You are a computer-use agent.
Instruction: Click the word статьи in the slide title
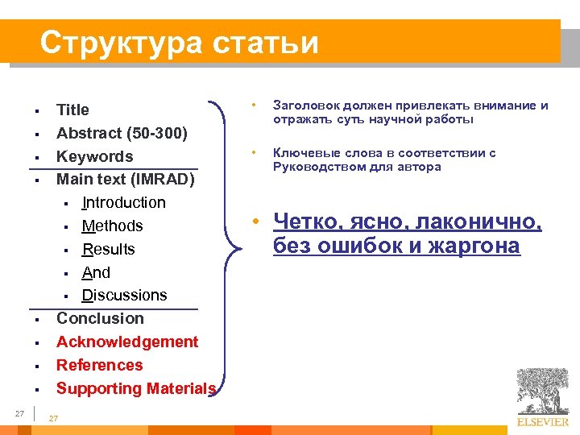[x=266, y=43]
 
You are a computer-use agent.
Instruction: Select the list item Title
[x=72, y=110]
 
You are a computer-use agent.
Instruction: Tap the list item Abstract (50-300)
[x=122, y=133]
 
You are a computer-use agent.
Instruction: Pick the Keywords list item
[x=94, y=156]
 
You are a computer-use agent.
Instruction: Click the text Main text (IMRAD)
[x=125, y=179]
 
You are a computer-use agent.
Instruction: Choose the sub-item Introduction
[x=123, y=202]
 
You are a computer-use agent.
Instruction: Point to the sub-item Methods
[x=112, y=226]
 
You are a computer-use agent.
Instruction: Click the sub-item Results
[x=108, y=249]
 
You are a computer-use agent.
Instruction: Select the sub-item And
[x=96, y=272]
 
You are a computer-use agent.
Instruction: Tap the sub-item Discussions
[x=124, y=296]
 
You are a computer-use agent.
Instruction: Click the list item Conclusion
[x=100, y=318]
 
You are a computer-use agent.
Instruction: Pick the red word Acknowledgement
[x=127, y=342]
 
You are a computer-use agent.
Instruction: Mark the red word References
[x=99, y=365]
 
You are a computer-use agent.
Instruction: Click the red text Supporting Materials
[x=135, y=388]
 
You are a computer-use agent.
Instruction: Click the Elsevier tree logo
[x=542, y=392]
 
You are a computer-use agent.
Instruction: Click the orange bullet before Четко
[x=253, y=222]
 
